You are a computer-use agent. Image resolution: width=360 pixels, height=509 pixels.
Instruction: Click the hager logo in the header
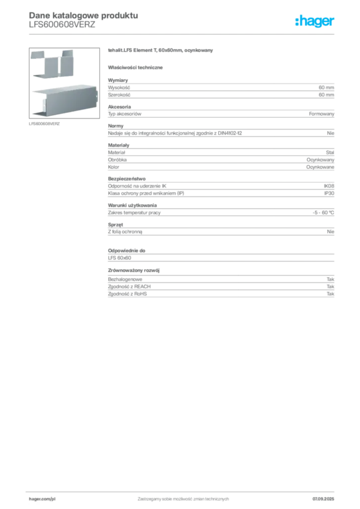pyautogui.click(x=314, y=21)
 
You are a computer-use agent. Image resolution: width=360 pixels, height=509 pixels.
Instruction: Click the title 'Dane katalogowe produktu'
pyautogui.click(x=84, y=15)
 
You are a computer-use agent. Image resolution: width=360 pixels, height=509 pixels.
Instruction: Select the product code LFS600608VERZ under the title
pyautogui.click(x=62, y=25)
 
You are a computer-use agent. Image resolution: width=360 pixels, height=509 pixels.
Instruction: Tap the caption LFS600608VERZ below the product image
pyautogui.click(x=44, y=124)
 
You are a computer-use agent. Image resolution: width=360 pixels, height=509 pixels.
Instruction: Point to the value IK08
pyautogui.click(x=329, y=186)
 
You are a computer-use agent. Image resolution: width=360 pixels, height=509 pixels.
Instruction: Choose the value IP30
pyautogui.click(x=329, y=193)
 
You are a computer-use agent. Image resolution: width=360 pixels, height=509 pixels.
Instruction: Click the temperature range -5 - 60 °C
pyautogui.click(x=323, y=213)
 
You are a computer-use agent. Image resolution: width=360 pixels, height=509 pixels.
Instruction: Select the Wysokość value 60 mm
pyautogui.click(x=326, y=87)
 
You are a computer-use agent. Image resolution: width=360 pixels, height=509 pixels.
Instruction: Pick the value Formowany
pyautogui.click(x=321, y=114)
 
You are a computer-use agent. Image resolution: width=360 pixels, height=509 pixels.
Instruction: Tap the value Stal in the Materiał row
pyautogui.click(x=330, y=152)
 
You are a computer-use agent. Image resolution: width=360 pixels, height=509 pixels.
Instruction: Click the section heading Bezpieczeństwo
pyautogui.click(x=127, y=178)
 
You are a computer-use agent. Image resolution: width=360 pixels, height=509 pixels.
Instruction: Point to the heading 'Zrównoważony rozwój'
pyautogui.click(x=134, y=270)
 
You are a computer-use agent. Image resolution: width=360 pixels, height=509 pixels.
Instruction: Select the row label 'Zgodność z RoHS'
pyautogui.click(x=127, y=294)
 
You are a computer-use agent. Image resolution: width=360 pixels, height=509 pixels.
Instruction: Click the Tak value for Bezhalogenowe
pyautogui.click(x=331, y=279)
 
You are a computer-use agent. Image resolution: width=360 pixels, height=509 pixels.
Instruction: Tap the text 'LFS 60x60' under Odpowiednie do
pyautogui.click(x=119, y=258)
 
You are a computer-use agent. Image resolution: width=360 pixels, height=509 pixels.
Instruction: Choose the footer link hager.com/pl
pyautogui.click(x=42, y=499)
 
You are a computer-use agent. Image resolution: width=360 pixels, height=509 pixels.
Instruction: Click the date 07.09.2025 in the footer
pyautogui.click(x=323, y=499)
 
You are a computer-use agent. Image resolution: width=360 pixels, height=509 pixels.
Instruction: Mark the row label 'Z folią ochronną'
pyautogui.click(x=125, y=232)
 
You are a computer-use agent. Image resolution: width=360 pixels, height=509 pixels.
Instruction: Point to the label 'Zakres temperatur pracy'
pyautogui.click(x=134, y=213)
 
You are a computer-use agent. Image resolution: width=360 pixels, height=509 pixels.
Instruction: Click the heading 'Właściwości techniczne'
pyautogui.click(x=135, y=68)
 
